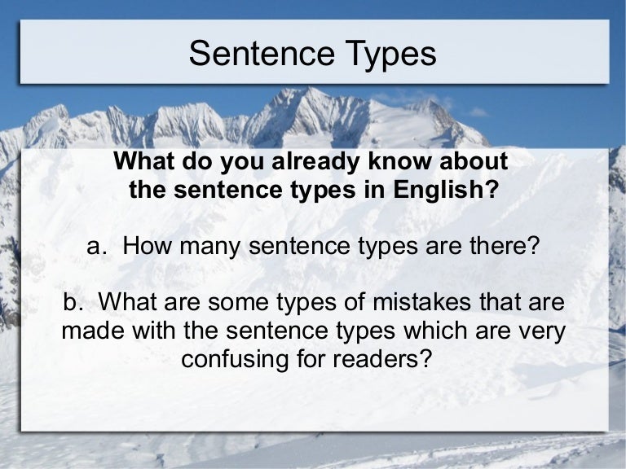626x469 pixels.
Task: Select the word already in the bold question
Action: (x=311, y=162)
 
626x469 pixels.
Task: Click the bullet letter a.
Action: (x=95, y=246)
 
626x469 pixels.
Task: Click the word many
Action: (x=210, y=246)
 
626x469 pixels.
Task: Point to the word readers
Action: (x=386, y=358)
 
